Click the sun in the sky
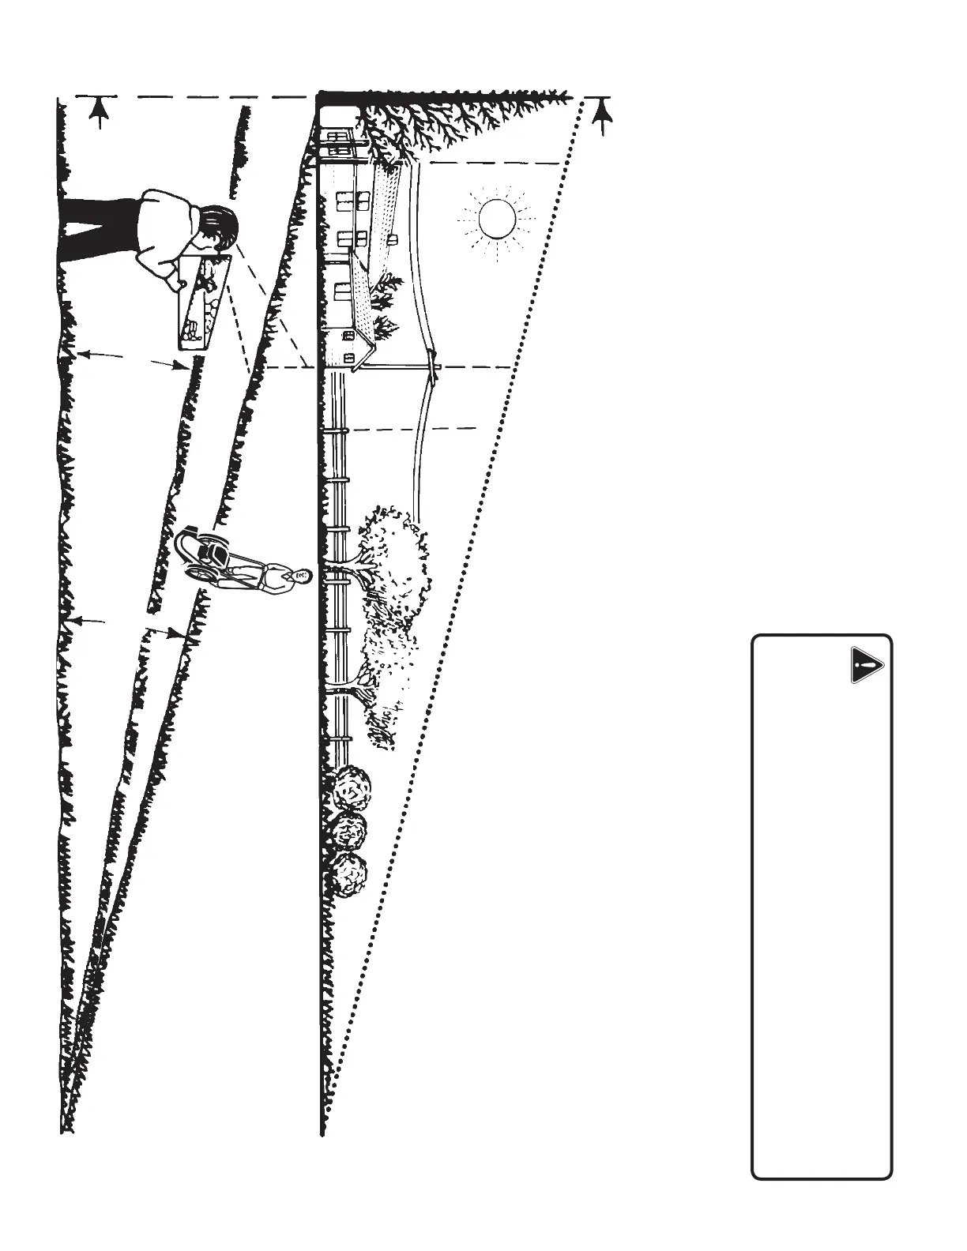click(x=497, y=218)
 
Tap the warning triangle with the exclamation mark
click(x=867, y=665)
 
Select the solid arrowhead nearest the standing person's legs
click(x=97, y=115)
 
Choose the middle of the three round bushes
click(x=348, y=829)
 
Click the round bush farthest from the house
click(x=348, y=873)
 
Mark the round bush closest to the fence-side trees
click(x=351, y=787)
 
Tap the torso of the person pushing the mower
click(x=273, y=577)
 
